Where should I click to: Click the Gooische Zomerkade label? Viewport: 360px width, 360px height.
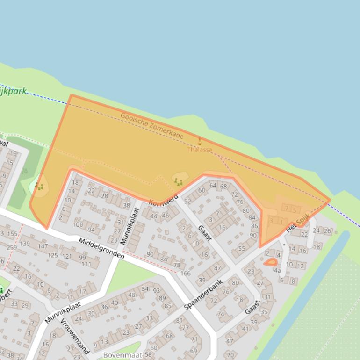point(152,125)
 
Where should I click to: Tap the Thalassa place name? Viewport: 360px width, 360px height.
point(200,150)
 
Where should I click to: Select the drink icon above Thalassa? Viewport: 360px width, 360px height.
point(200,141)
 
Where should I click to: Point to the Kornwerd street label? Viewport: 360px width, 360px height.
point(164,199)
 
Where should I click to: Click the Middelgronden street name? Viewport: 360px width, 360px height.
point(101,248)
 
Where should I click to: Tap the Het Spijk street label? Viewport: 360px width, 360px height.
point(298,226)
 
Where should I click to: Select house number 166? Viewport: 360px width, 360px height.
point(186,274)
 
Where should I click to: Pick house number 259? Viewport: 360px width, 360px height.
point(12,247)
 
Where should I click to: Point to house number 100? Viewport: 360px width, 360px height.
point(78,225)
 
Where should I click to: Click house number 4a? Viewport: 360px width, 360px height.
point(277,270)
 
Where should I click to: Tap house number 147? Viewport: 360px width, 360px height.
point(43,246)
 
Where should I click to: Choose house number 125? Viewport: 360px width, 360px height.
point(52,255)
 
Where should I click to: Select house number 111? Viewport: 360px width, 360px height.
point(86,264)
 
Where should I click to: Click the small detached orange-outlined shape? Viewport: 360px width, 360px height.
point(270,263)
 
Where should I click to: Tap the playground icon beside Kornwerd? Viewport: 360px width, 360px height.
point(178,181)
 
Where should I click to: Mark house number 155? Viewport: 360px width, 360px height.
point(12,233)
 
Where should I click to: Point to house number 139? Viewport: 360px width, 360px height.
point(25,244)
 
